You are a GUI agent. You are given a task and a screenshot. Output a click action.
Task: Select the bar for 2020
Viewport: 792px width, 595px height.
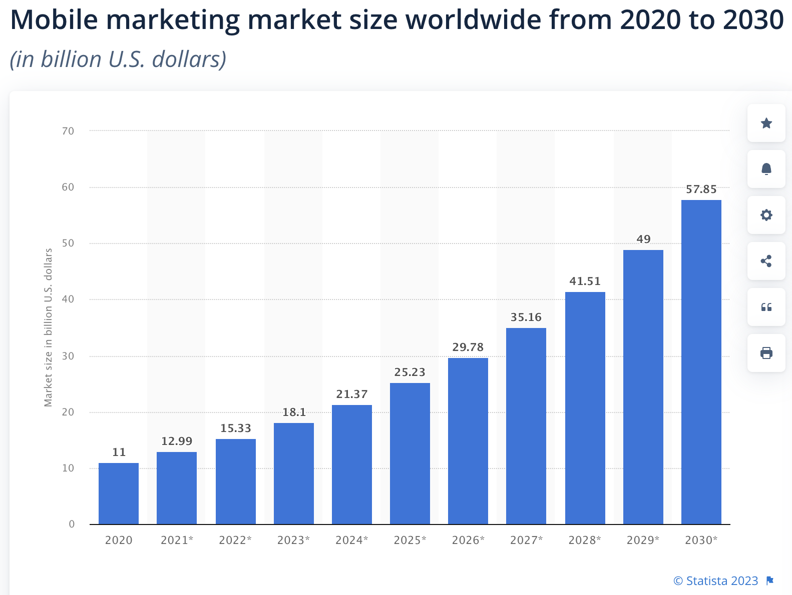click(119, 493)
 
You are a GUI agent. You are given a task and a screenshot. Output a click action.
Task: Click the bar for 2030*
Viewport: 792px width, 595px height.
click(701, 362)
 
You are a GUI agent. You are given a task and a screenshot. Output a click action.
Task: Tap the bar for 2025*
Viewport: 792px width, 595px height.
click(410, 453)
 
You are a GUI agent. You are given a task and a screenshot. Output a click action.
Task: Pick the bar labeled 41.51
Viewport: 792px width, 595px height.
click(585, 408)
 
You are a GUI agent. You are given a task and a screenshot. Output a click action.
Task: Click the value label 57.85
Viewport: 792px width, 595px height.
click(701, 189)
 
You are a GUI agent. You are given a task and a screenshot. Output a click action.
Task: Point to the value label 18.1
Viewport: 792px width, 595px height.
click(294, 412)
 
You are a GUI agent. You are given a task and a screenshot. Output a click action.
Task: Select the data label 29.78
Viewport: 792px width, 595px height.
click(468, 347)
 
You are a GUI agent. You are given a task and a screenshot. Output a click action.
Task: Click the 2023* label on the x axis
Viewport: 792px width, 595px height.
click(293, 540)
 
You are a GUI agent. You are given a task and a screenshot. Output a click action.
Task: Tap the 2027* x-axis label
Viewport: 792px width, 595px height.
click(526, 540)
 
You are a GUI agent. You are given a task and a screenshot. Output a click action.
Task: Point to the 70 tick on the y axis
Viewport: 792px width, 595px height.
click(68, 131)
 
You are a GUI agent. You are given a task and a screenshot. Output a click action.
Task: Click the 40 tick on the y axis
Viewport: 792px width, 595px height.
click(68, 299)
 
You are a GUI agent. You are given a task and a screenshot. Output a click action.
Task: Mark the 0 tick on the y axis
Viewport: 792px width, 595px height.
click(72, 524)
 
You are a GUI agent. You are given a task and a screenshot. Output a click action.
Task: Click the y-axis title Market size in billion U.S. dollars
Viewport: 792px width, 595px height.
click(48, 327)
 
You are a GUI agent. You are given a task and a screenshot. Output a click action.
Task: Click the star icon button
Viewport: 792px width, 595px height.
click(766, 123)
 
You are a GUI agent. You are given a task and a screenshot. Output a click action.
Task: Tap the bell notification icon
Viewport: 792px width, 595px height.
click(766, 169)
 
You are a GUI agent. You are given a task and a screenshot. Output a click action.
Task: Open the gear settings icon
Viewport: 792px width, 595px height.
click(766, 215)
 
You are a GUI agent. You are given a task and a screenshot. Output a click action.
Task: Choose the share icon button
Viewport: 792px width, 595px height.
click(766, 261)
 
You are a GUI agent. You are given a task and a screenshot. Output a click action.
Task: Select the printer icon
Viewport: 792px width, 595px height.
click(766, 353)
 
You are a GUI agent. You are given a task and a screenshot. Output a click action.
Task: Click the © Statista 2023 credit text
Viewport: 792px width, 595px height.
click(715, 581)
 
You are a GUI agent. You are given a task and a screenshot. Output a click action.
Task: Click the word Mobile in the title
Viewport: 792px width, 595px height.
click(55, 20)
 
